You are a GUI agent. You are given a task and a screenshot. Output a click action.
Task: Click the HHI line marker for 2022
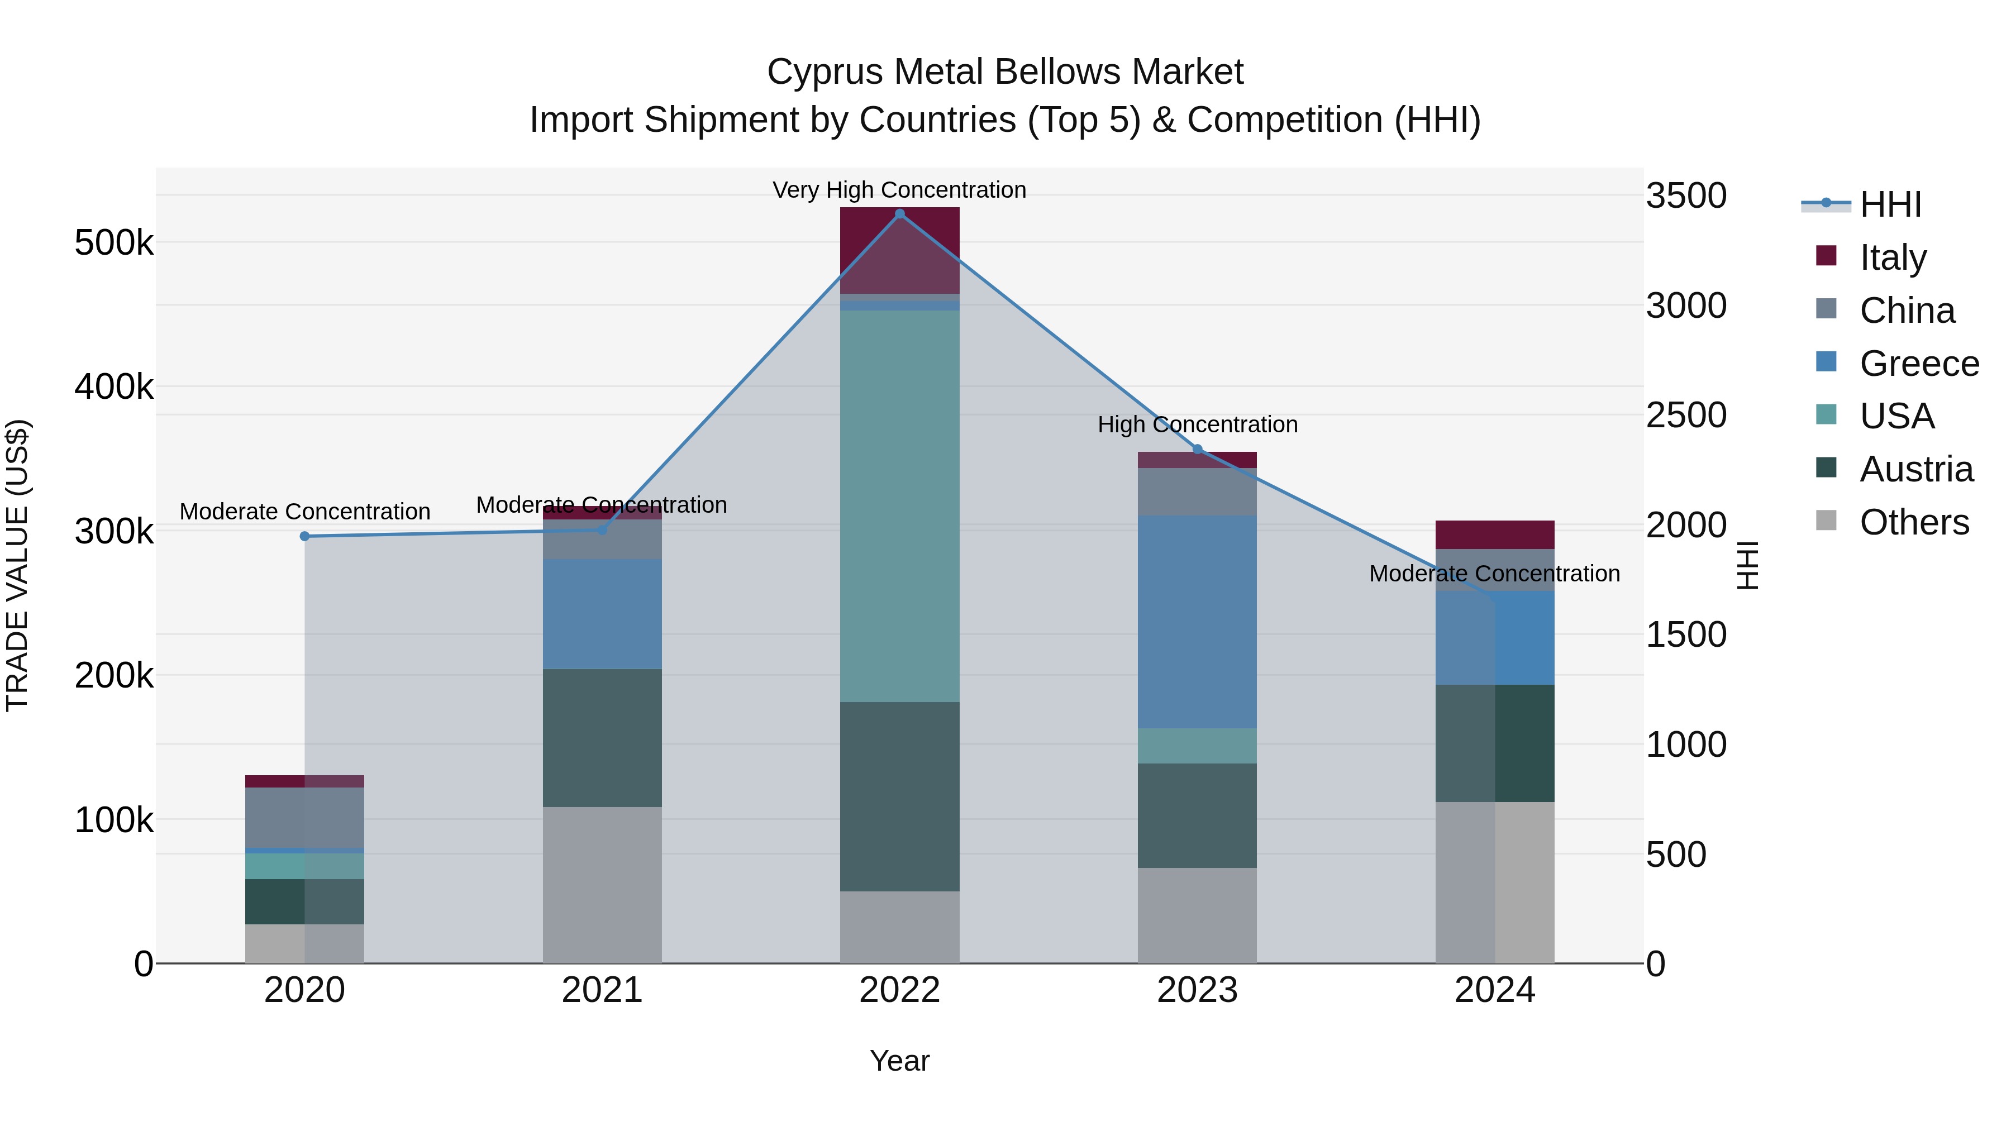click(x=899, y=214)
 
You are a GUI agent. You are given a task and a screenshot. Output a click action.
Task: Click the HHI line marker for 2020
click(x=304, y=536)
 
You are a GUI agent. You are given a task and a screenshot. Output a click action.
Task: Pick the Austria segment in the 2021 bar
click(x=602, y=738)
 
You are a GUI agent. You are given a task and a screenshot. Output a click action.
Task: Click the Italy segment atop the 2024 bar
click(x=1494, y=535)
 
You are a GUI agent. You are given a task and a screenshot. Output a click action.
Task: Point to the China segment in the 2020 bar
click(x=304, y=817)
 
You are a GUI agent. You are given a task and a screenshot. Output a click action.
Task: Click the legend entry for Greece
click(x=1918, y=364)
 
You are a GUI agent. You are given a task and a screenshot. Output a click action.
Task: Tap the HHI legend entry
click(x=1889, y=204)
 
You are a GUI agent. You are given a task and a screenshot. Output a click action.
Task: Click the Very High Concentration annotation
click(x=899, y=190)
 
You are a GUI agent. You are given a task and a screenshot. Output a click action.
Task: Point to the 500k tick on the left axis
click(x=114, y=243)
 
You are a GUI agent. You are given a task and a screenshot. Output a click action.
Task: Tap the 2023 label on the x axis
click(x=1197, y=990)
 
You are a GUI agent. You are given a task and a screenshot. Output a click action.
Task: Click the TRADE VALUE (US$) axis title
click(x=18, y=565)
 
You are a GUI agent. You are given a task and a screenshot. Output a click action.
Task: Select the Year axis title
click(x=899, y=1061)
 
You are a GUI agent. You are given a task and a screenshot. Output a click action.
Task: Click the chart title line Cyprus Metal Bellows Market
click(x=1005, y=72)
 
